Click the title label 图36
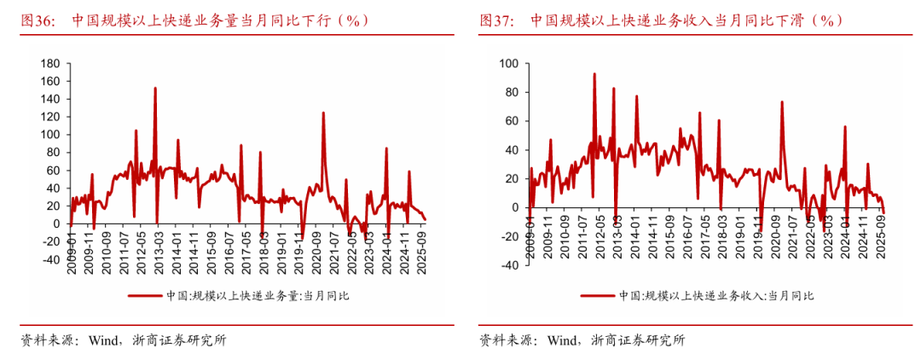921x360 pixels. (38, 20)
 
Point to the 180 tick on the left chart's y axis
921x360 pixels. (49, 63)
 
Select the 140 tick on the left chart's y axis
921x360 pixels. (49, 99)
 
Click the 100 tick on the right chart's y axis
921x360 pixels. (510, 63)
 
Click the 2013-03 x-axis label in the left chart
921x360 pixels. (155, 247)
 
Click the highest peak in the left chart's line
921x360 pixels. (155, 87)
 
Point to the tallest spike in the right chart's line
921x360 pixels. (594, 73)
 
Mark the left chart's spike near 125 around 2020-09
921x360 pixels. (323, 113)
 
